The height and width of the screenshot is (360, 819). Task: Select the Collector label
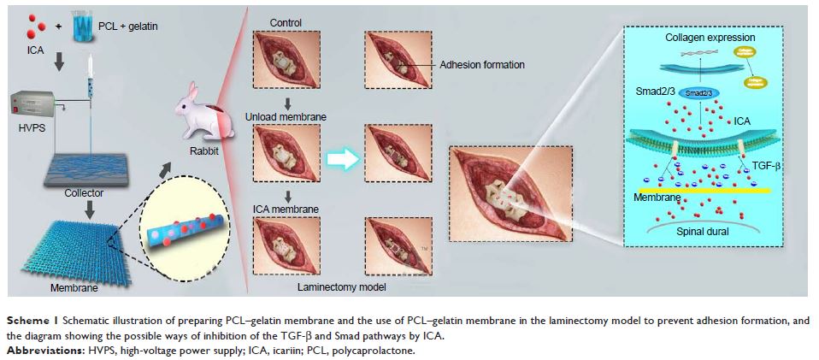click(x=84, y=192)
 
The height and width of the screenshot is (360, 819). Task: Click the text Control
click(x=286, y=22)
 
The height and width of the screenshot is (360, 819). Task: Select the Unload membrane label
click(x=286, y=115)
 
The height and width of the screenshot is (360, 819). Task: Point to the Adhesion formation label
click(x=481, y=64)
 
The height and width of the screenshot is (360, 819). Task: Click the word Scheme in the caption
click(x=27, y=319)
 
